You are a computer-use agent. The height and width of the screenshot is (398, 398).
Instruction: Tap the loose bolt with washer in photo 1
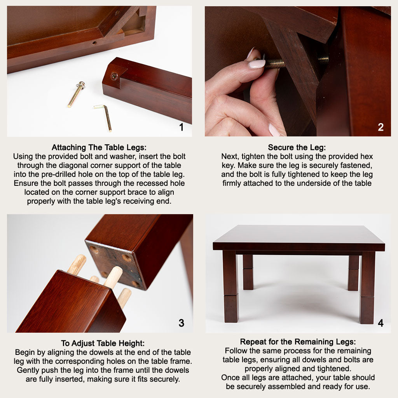[77, 94]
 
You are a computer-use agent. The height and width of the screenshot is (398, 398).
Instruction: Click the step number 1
[181, 127]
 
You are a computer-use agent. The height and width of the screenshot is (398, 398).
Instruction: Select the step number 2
[381, 127]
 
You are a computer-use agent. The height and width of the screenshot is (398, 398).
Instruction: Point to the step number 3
[181, 323]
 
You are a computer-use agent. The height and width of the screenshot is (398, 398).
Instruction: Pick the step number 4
[381, 323]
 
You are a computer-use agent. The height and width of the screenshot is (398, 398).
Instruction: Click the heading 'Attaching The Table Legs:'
[99, 147]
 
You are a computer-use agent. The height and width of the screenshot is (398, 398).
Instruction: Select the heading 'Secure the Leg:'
[297, 147]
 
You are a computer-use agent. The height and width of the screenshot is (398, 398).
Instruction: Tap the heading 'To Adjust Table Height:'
[103, 343]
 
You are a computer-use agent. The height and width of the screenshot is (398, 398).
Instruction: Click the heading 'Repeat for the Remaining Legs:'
[298, 342]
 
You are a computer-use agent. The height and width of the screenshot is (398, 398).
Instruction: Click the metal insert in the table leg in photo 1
[114, 76]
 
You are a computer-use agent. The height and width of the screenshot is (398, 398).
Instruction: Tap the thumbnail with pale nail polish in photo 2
[257, 64]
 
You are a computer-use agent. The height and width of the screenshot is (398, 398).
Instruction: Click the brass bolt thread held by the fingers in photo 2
[276, 63]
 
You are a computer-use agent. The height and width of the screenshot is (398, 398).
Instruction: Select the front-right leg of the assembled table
[367, 287]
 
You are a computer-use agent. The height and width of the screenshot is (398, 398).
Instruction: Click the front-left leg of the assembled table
[231, 286]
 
